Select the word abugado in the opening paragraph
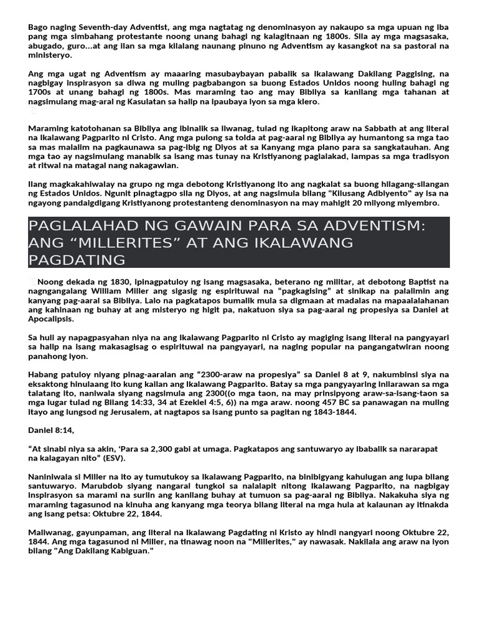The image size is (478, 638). pyautogui.click(x=45, y=46)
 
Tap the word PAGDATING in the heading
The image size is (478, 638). pyautogui.click(x=77, y=260)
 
